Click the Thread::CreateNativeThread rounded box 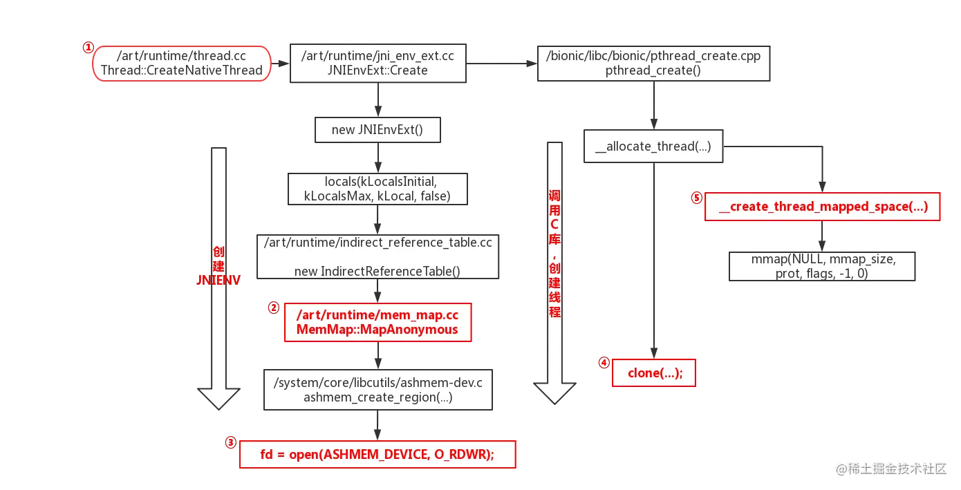click(182, 64)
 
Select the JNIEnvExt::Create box click(378, 63)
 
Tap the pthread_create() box click(653, 64)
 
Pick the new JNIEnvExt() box click(377, 129)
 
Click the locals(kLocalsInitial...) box click(377, 189)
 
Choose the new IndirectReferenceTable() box click(377, 256)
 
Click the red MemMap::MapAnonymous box click(378, 322)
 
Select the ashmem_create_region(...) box click(378, 390)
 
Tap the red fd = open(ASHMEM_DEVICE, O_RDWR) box click(377, 455)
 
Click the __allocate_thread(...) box click(653, 147)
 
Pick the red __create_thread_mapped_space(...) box click(823, 207)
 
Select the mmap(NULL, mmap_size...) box click(822, 266)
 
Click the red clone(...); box click(654, 373)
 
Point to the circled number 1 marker click(88, 47)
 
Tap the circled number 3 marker click(231, 442)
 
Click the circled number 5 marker click(697, 198)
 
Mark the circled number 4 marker click(604, 363)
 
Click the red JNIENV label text click(218, 281)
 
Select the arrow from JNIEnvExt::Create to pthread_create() click(502, 64)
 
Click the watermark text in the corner click(891, 469)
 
